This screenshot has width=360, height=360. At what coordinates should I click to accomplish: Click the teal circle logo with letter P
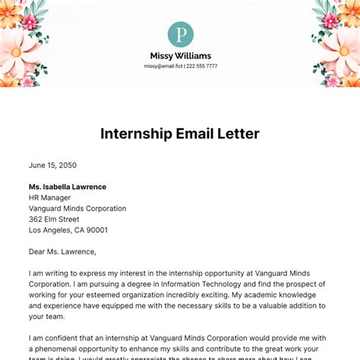pos(180,34)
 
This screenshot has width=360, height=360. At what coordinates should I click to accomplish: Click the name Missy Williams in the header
pos(180,55)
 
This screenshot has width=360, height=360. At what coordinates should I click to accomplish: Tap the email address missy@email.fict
pos(163,66)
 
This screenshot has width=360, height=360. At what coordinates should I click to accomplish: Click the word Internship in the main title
pos(138,134)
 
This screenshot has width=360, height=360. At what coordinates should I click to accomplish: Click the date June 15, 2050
pos(52,165)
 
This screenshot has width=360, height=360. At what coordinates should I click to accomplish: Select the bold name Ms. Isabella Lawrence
pos(68,187)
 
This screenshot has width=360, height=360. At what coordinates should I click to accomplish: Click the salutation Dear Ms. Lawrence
pos(63,251)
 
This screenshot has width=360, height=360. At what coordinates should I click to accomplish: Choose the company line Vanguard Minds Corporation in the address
pos(77,208)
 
